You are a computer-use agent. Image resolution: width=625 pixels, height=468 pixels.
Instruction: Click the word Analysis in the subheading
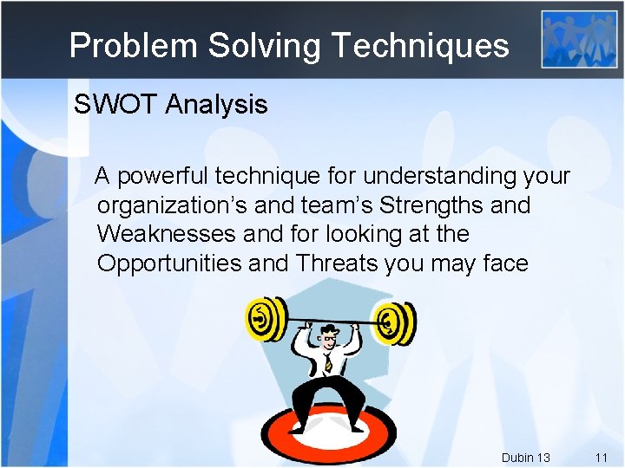click(x=216, y=105)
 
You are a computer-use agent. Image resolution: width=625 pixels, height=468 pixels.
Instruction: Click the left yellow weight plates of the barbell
click(x=265, y=319)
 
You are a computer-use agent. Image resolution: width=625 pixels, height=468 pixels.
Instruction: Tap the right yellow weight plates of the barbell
click(x=398, y=323)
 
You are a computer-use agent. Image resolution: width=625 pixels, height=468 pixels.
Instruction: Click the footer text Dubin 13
click(x=525, y=457)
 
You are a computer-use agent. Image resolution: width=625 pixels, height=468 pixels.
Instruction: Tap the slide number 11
click(x=602, y=457)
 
